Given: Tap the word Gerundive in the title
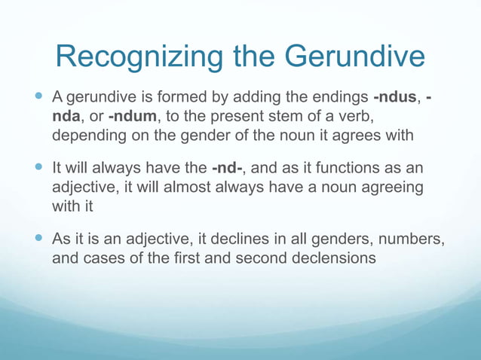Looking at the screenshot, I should [x=355, y=57].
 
